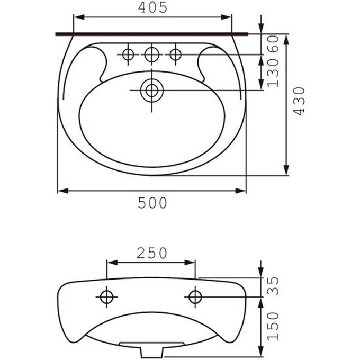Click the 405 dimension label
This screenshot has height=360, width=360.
click(152, 7)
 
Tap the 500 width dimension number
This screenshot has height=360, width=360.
click(152, 203)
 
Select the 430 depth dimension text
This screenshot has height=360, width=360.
click(299, 101)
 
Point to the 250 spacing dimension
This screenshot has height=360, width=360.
click(152, 253)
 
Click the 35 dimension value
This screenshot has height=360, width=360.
click(274, 285)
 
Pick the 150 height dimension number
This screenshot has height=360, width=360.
click(274, 326)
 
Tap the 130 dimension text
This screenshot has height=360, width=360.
click(274, 73)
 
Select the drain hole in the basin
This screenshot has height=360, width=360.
click(152, 91)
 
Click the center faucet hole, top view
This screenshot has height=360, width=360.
click(152, 55)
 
